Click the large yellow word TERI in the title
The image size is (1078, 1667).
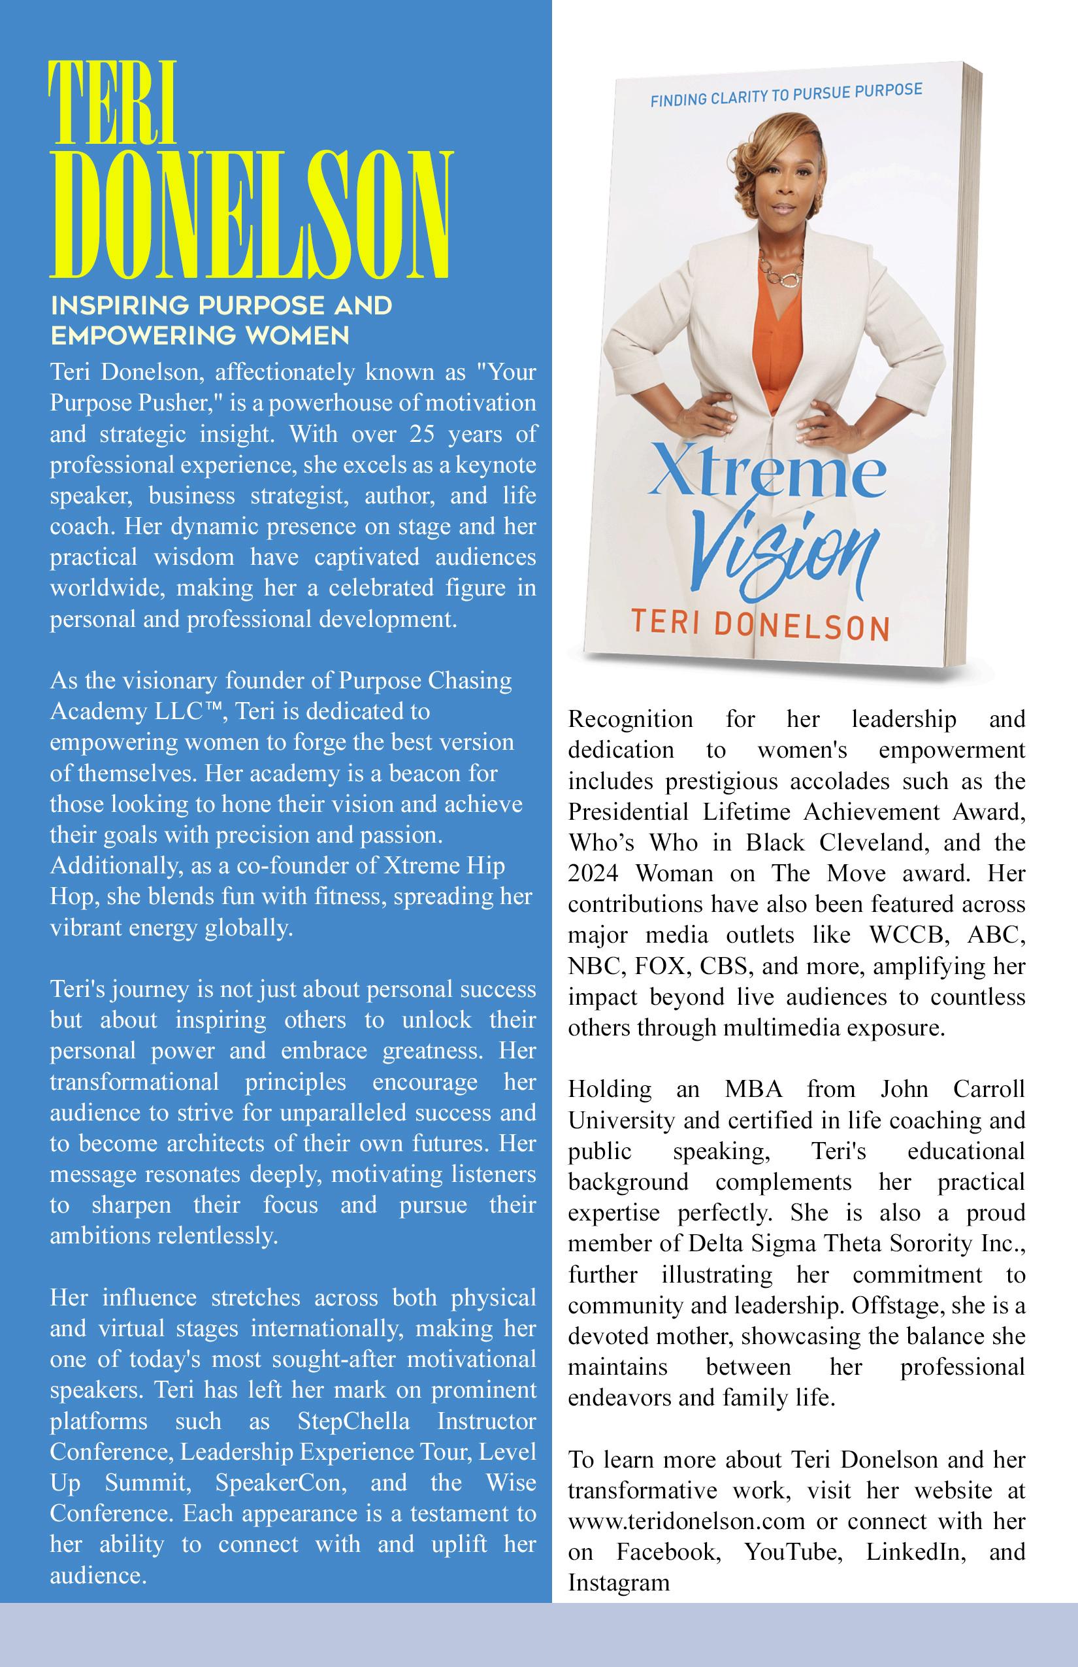112,103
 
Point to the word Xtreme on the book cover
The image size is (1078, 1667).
766,477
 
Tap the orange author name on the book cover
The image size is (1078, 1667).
759,625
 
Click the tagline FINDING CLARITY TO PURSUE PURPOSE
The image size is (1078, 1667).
785,95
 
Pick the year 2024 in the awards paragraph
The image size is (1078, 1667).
595,873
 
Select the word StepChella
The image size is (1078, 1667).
353,1421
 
